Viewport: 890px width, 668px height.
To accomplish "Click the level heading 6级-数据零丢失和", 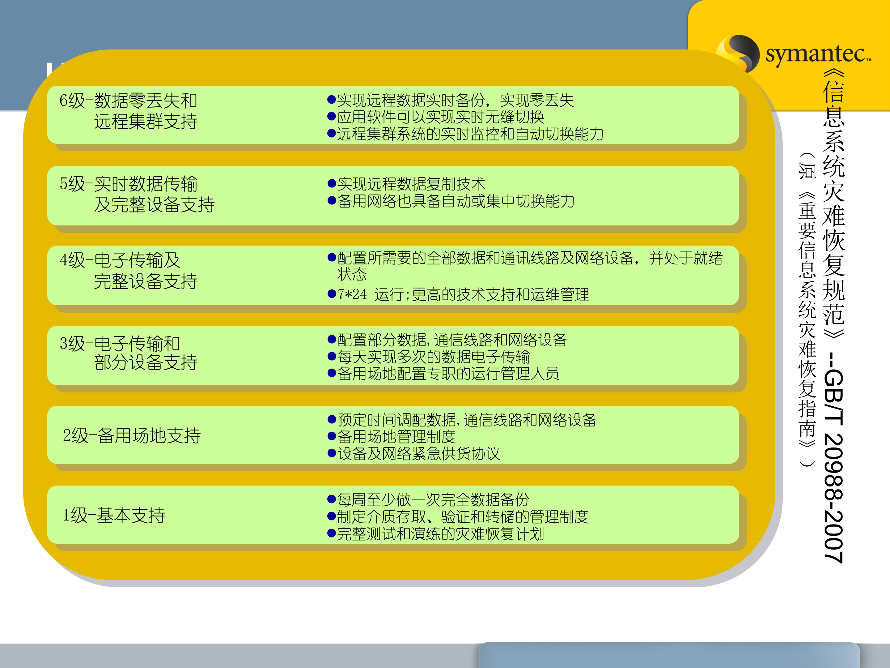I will pyautogui.click(x=128, y=101).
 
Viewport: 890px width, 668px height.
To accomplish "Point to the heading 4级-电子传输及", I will pyautogui.click(x=120, y=260).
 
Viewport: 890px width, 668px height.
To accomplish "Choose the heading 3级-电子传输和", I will pyautogui.click(x=120, y=344).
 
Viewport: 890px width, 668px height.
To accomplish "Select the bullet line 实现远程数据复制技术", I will pyautogui.click(x=411, y=184).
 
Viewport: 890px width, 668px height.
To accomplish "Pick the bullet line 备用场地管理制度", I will pyautogui.click(x=396, y=436).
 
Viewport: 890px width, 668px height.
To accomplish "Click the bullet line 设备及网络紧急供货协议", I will pyautogui.click(x=418, y=454).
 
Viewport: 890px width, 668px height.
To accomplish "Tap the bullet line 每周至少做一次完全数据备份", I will pyautogui.click(x=433, y=500).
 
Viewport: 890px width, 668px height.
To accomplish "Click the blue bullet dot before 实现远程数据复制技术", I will pyautogui.click(x=332, y=184).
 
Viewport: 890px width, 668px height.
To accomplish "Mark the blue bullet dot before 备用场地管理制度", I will pyautogui.click(x=332, y=436).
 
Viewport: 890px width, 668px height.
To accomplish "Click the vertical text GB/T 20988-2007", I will pyautogui.click(x=834, y=467).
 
